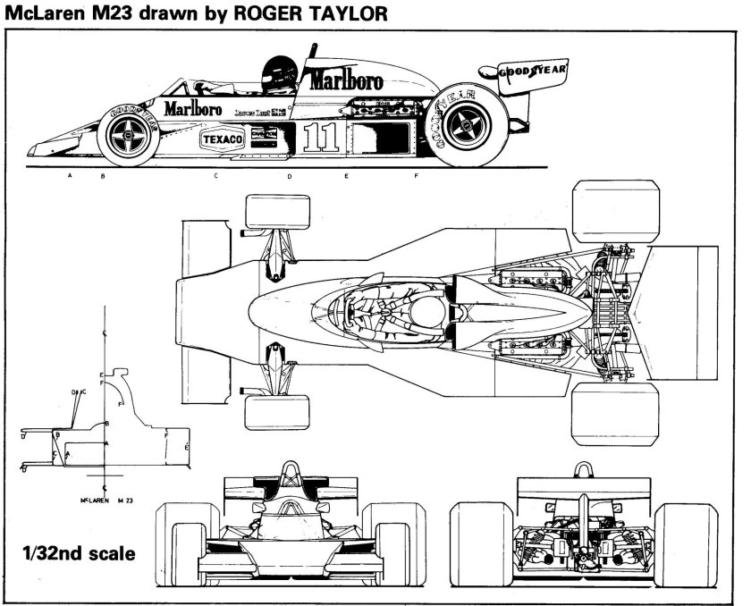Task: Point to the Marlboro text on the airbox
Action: pos(347,80)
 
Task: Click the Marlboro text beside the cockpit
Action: pos(193,108)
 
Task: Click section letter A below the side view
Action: pos(69,176)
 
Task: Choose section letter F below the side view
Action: pos(416,176)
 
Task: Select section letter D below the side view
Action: pos(289,176)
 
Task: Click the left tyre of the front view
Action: pos(175,536)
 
